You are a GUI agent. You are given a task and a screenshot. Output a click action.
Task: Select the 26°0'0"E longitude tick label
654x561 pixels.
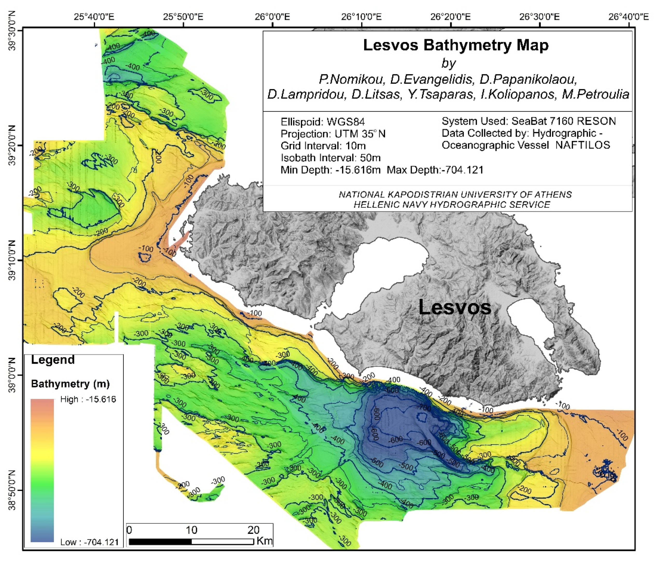click(272, 17)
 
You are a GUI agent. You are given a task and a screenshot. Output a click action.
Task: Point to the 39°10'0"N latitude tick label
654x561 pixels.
click(12, 260)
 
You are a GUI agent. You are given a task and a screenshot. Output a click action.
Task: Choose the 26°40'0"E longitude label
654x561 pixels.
click(628, 17)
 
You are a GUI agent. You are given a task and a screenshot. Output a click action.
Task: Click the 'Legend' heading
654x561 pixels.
click(53, 360)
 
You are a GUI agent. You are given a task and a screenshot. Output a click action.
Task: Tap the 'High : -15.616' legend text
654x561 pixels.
click(88, 399)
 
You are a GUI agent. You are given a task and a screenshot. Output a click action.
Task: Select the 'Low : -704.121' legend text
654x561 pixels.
click(89, 542)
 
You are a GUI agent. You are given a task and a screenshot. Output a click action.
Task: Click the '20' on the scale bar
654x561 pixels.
click(253, 530)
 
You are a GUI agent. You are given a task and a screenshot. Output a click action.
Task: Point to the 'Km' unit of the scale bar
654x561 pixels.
click(265, 541)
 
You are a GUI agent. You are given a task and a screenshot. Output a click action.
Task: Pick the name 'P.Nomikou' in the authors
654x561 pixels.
click(352, 79)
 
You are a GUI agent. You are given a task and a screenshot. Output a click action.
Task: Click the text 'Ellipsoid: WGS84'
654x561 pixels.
click(323, 122)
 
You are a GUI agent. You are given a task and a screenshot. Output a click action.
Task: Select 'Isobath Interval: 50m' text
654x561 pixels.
click(330, 158)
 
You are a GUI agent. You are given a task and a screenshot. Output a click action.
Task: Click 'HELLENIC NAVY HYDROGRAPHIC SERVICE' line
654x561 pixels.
click(452, 205)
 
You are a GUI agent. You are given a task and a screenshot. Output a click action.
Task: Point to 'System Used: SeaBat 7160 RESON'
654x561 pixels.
click(529, 121)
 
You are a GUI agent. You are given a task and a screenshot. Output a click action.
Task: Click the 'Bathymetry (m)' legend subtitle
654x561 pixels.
click(70, 384)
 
